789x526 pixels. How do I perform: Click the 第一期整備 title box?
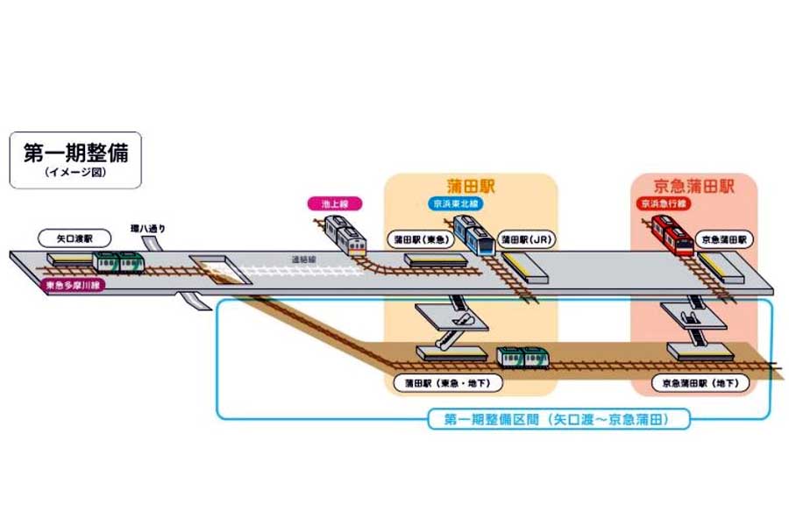click(x=75, y=160)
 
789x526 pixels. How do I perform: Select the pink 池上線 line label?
click(x=334, y=203)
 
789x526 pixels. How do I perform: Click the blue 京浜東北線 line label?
click(x=458, y=203)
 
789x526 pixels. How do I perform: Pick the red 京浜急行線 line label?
click(x=665, y=203)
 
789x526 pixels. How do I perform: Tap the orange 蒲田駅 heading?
click(x=471, y=185)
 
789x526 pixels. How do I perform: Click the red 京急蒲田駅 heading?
click(x=693, y=186)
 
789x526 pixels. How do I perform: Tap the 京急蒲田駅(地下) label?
click(x=700, y=383)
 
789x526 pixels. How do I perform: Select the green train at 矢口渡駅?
click(x=119, y=261)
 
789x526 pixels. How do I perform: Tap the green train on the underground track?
click(x=523, y=357)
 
